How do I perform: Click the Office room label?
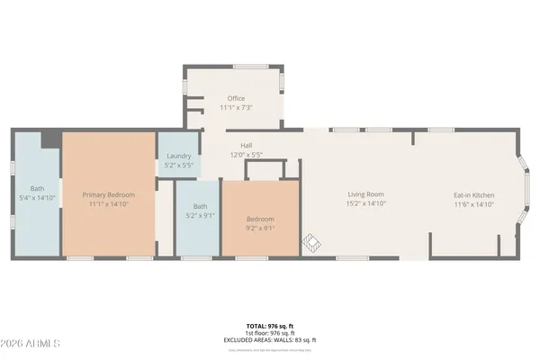[x=236, y=98]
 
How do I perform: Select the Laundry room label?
[x=178, y=156]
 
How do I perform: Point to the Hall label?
[x=246, y=145]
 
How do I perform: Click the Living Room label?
[x=366, y=194]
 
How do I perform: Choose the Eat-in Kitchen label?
[x=473, y=194]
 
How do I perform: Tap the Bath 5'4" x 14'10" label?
[x=37, y=188]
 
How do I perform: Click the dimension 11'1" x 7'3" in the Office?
[x=236, y=108]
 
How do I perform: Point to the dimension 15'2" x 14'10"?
[x=366, y=204]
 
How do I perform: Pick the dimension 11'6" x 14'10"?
[x=473, y=204]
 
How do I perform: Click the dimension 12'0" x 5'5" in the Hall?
[x=246, y=155]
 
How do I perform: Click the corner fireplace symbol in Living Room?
[x=310, y=244]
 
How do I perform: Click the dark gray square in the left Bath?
[x=50, y=139]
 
